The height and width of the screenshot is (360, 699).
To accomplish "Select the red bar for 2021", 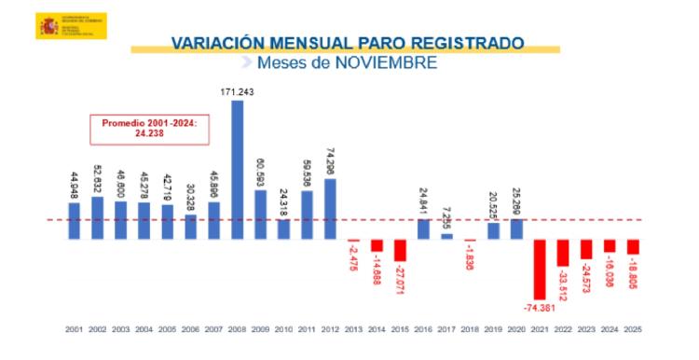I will pyautogui.click(x=540, y=269).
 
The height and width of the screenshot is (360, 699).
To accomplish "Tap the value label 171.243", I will pyautogui.click(x=237, y=92).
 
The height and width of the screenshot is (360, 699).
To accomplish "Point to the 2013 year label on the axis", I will pyautogui.click(x=353, y=329).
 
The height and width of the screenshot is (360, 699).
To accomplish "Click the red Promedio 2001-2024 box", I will pyautogui.click(x=143, y=129).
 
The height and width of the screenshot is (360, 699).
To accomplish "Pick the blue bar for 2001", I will pyautogui.click(x=74, y=221).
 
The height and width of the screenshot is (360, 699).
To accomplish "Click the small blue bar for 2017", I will pyautogui.click(x=446, y=236).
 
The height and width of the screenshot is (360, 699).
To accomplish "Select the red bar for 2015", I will pyautogui.click(x=400, y=250).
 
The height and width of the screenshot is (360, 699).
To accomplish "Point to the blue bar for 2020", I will pyautogui.click(x=516, y=229).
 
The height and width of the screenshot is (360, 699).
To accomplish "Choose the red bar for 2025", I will pyautogui.click(x=633, y=247).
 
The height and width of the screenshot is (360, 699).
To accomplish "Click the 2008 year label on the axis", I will pyautogui.click(x=237, y=329).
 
